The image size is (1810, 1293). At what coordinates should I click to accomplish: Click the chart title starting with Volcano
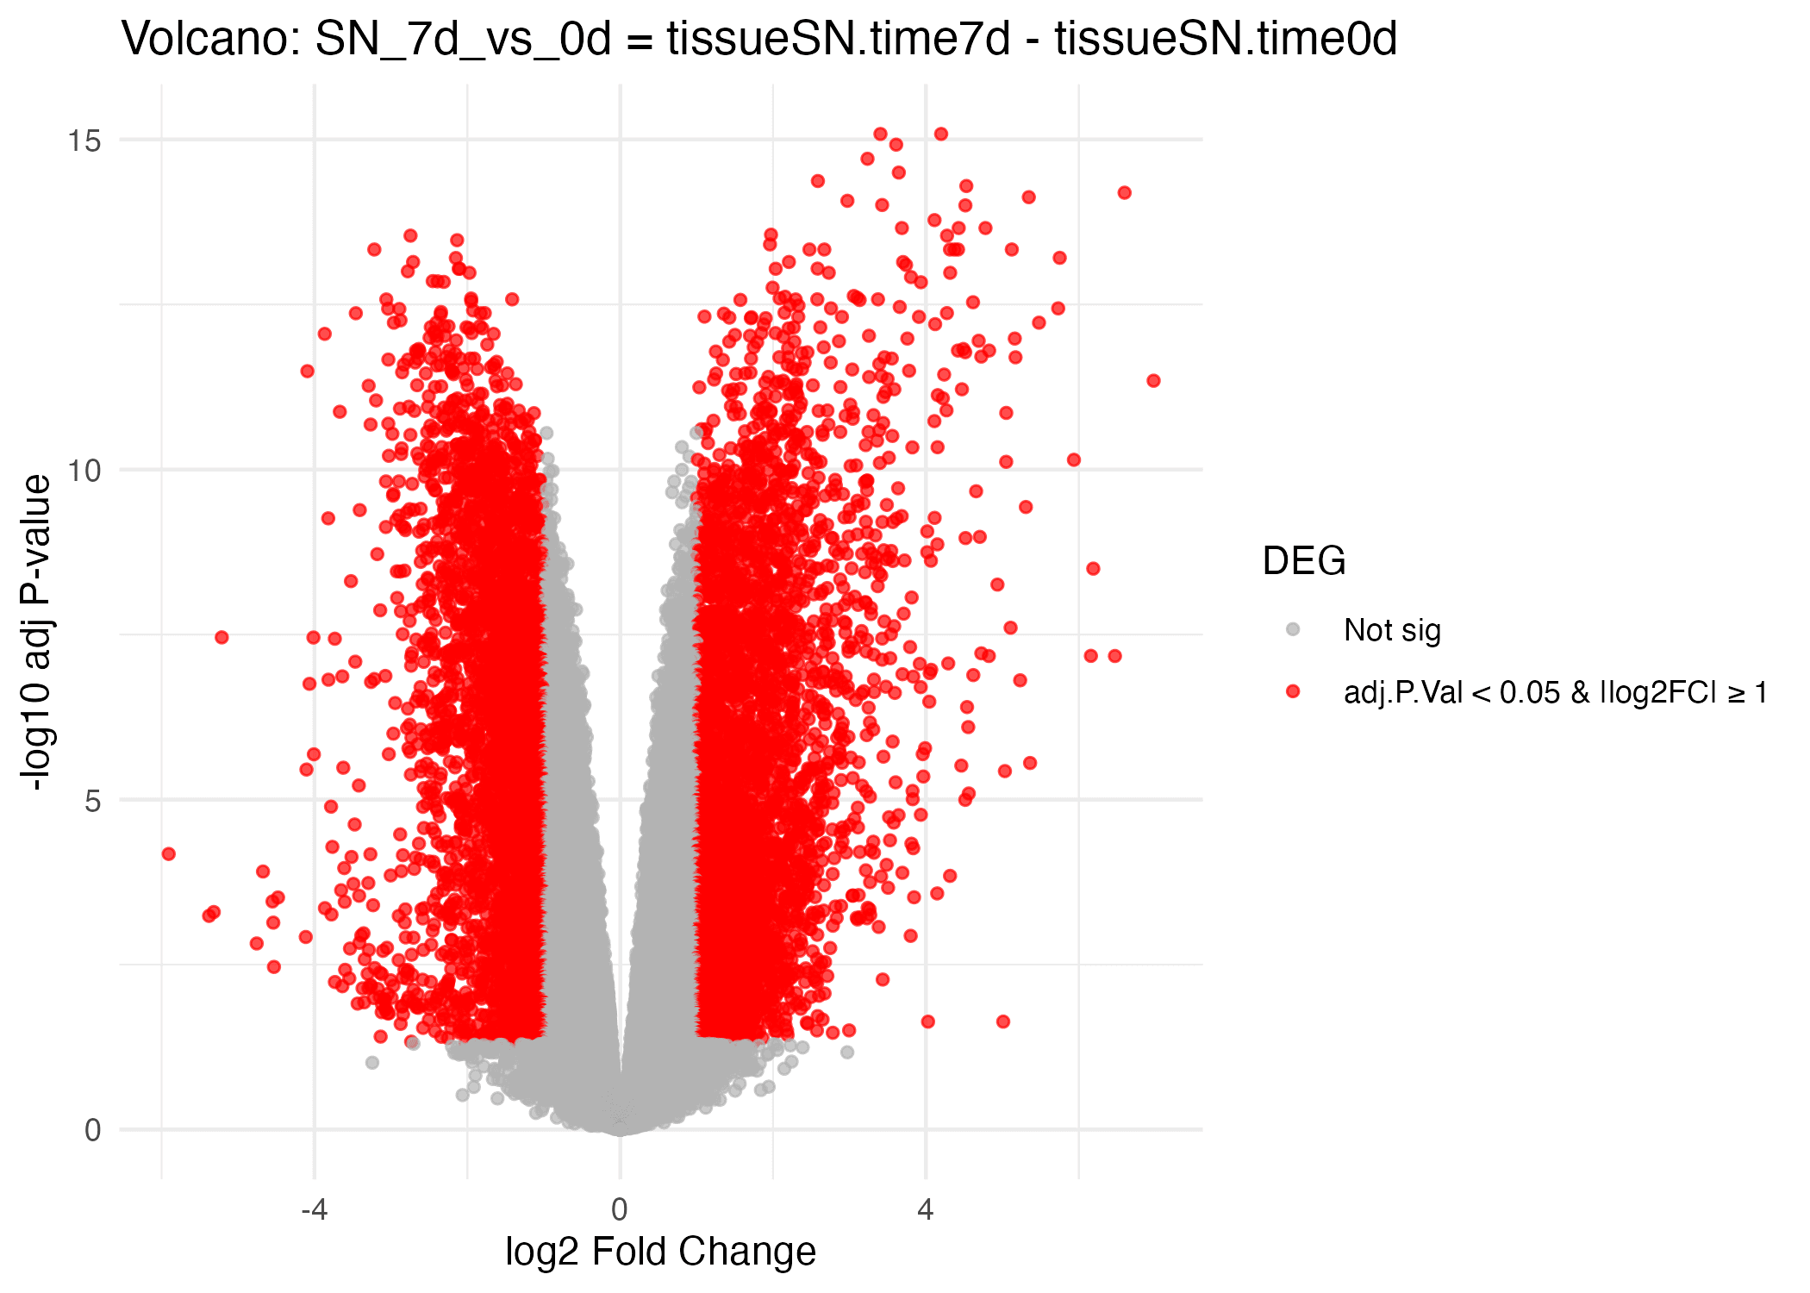click(x=758, y=39)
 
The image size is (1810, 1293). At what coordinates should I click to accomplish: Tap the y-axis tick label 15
click(x=85, y=140)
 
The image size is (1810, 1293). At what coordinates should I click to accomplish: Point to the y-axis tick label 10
click(x=85, y=471)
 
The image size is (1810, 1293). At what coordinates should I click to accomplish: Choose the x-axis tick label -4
click(x=314, y=1210)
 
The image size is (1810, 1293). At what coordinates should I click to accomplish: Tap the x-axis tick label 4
click(x=926, y=1210)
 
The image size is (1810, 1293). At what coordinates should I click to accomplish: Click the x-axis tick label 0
click(x=619, y=1210)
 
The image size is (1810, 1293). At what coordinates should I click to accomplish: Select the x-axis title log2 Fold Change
click(x=660, y=1252)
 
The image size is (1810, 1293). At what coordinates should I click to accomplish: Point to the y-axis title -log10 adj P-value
click(x=36, y=634)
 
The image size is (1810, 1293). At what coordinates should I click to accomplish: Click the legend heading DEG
click(x=1303, y=561)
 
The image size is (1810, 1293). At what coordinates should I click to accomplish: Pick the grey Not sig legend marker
click(x=1293, y=629)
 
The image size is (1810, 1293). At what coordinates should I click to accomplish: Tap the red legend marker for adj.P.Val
click(x=1293, y=691)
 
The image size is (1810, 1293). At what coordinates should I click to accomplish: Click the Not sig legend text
click(x=1392, y=630)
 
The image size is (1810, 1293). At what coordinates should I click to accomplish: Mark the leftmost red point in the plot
click(x=169, y=853)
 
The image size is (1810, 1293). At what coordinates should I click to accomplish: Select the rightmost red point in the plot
click(x=1153, y=380)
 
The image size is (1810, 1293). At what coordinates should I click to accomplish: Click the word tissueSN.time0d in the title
click(x=1226, y=39)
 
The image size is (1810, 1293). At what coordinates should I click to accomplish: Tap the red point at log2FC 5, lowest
click(x=1002, y=1021)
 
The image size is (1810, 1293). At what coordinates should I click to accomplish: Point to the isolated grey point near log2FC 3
click(x=847, y=1052)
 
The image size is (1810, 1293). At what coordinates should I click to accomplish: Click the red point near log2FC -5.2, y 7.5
click(x=222, y=637)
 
